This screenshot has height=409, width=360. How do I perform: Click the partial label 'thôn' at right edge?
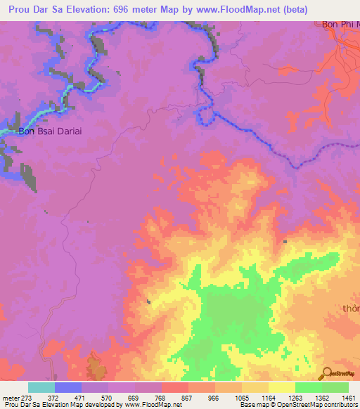(351, 309)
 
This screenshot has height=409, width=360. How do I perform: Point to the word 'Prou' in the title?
(21, 9)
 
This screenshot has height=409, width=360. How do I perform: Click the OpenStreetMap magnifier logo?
(328, 373)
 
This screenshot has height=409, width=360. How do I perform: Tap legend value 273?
(27, 398)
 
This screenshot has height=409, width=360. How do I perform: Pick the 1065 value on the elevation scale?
(241, 398)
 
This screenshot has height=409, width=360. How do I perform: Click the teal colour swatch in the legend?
(41, 387)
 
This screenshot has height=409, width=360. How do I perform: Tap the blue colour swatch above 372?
(67, 387)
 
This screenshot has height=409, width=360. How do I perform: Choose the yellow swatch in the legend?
(281, 387)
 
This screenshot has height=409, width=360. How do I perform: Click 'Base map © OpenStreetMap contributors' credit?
(299, 405)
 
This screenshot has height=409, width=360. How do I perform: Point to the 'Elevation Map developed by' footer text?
(89, 405)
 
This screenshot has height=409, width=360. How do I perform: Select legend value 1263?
(295, 398)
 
